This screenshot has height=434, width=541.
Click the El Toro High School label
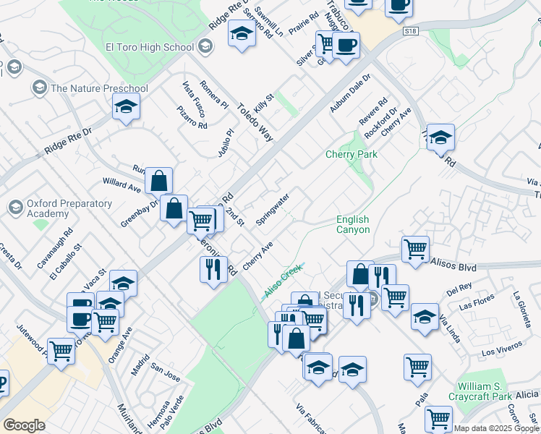(x=150, y=48)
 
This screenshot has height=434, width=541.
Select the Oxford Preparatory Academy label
(x=69, y=209)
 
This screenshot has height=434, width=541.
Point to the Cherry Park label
(x=352, y=154)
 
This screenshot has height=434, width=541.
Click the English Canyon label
(x=353, y=224)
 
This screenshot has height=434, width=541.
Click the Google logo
(x=24, y=425)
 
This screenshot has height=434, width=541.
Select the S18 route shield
(x=411, y=32)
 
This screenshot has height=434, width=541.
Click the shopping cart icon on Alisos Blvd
(x=415, y=249)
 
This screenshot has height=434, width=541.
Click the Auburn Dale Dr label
(x=350, y=93)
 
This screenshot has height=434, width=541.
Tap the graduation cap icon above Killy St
(x=242, y=33)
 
